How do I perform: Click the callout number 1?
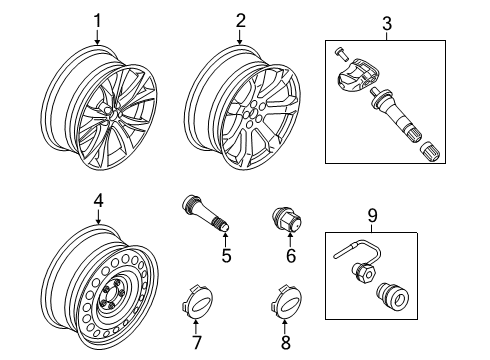[x=98, y=20]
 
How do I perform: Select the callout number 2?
[x=240, y=20]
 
